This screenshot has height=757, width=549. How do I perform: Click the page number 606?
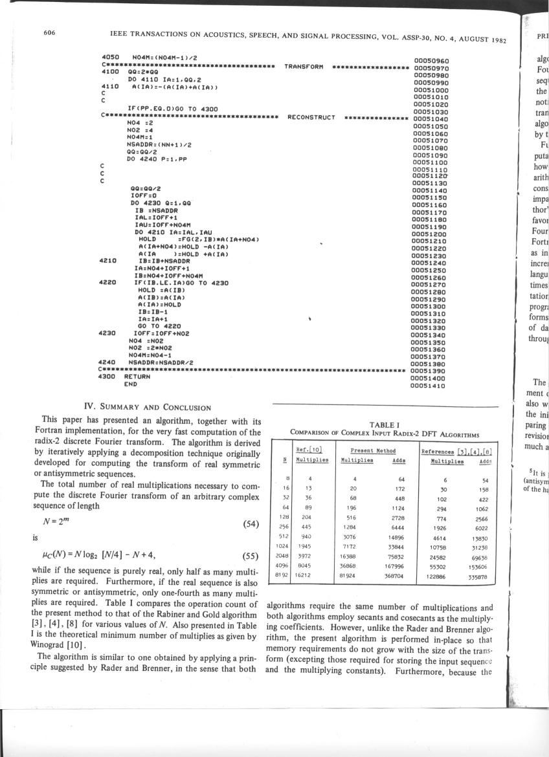coord(49,31)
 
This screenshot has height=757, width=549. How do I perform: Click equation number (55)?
coord(250,555)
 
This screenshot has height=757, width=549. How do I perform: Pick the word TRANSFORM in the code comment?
coord(304,67)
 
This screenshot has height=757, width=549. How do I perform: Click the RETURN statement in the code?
coord(137,377)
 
